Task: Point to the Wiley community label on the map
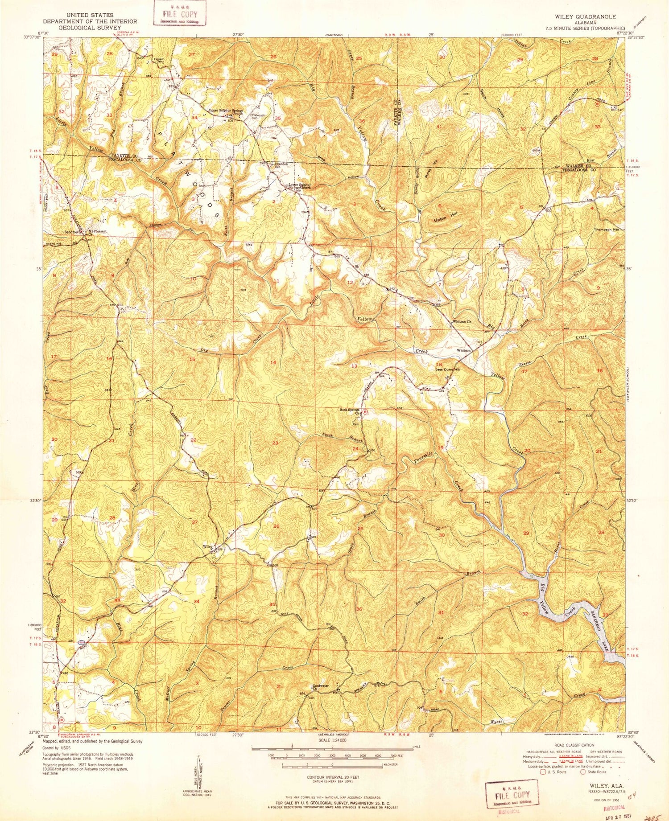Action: click(207, 546)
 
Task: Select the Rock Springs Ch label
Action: click(351, 411)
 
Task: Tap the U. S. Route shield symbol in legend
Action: click(543, 772)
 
